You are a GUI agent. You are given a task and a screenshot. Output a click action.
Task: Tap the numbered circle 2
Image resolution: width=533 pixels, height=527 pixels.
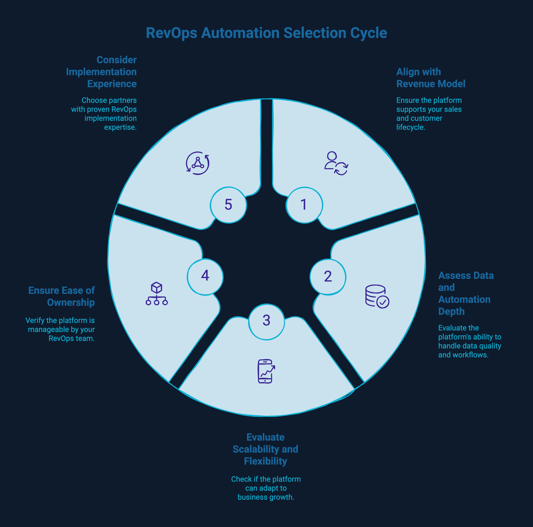pyautogui.click(x=328, y=277)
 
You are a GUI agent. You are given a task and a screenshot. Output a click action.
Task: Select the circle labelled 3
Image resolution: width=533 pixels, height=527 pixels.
pyautogui.click(x=266, y=321)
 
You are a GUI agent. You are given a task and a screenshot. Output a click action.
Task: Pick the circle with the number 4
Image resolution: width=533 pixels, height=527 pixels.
pyautogui.click(x=205, y=277)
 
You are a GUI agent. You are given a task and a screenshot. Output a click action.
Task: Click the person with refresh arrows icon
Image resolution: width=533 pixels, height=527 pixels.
pyautogui.click(x=336, y=163)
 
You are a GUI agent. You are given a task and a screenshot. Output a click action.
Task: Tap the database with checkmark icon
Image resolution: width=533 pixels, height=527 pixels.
pyautogui.click(x=377, y=297)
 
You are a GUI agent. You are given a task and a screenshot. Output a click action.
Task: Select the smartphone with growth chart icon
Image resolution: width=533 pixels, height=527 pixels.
pyautogui.click(x=266, y=371)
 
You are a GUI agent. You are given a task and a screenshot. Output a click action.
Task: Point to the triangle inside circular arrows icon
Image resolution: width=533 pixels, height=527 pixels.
pyautogui.click(x=198, y=163)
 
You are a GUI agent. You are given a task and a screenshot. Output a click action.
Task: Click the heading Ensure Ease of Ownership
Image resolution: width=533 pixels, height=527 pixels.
pyautogui.click(x=61, y=296)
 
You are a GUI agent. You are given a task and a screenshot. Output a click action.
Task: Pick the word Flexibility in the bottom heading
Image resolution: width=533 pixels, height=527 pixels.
pyautogui.click(x=265, y=461)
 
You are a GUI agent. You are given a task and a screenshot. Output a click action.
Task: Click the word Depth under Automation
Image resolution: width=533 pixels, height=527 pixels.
pyautogui.click(x=451, y=311)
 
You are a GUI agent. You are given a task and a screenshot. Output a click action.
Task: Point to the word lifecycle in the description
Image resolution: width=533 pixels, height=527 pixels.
pyautogui.click(x=411, y=127)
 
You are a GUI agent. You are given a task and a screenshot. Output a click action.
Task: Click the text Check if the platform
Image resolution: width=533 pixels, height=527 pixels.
pyautogui.click(x=266, y=479)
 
